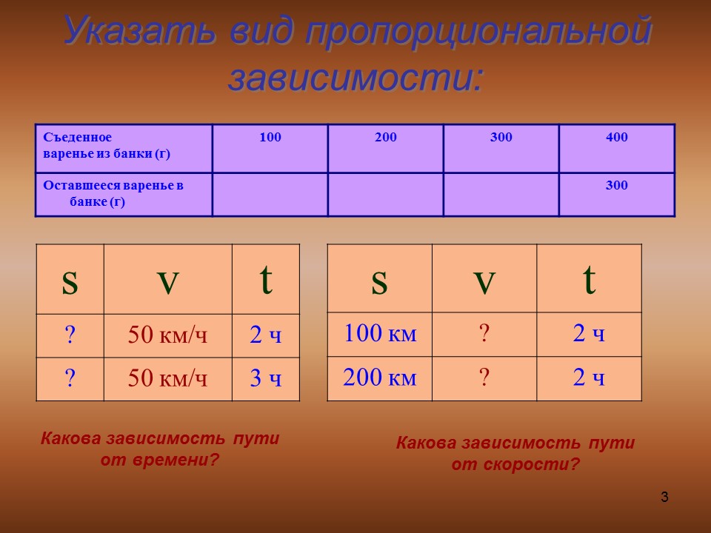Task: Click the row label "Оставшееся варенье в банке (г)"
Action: pos(113,193)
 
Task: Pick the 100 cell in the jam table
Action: pos(270,138)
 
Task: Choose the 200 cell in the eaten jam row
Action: pos(386,138)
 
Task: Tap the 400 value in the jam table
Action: pos(617,138)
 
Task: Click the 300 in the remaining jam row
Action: pos(617,186)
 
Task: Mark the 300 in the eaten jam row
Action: pos(501,138)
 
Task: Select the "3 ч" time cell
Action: pos(266,379)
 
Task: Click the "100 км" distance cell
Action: pos(380,335)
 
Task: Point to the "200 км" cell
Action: pos(380,379)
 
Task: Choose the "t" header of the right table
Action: pos(590,281)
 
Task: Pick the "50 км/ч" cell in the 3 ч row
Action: pos(168,379)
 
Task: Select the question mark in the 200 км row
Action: pos(484,379)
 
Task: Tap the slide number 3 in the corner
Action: pos(664,497)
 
